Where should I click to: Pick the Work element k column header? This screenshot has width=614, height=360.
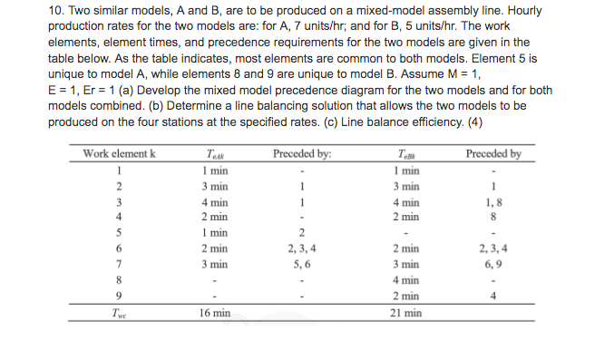pos(120,153)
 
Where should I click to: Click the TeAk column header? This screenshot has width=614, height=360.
pos(215,154)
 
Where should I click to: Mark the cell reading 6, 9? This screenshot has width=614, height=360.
pos(493,263)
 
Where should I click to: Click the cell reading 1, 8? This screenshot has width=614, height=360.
pos(493,201)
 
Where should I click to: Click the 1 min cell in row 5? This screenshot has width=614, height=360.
pos(215,232)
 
